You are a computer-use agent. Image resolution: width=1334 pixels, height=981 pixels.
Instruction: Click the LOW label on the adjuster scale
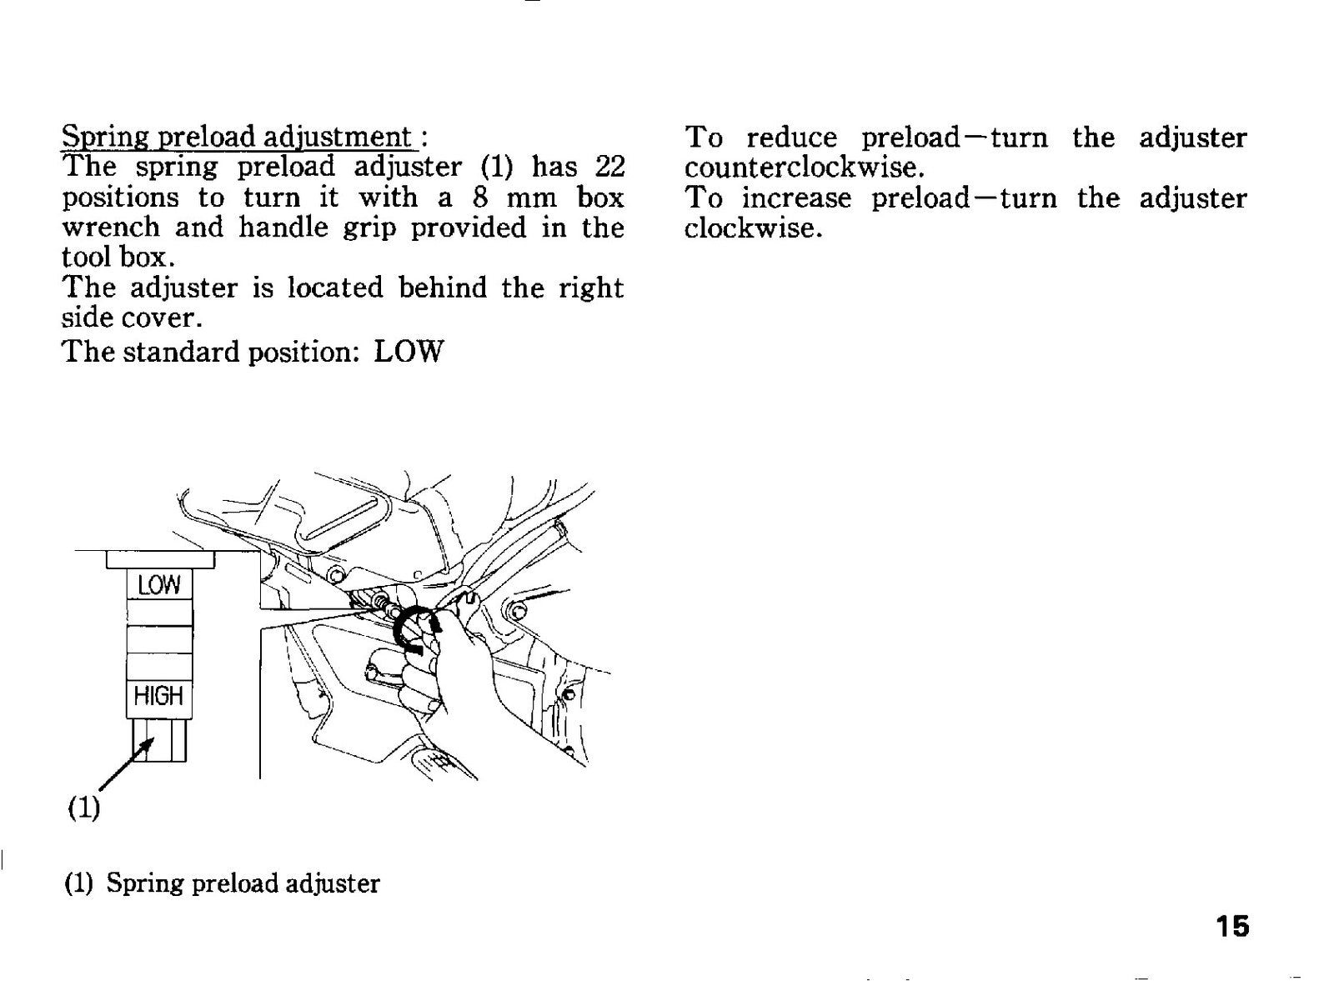(159, 585)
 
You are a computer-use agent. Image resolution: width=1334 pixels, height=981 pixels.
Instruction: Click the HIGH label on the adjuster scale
(158, 695)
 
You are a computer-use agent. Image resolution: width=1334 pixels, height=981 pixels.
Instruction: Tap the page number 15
(1231, 926)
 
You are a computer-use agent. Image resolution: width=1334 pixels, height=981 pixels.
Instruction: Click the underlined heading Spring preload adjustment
(237, 137)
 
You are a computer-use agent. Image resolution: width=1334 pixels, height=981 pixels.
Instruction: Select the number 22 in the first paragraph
(609, 166)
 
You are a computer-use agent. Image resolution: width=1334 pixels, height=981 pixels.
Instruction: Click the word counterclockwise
(804, 168)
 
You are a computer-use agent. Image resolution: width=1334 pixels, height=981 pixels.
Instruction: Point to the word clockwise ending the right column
(753, 228)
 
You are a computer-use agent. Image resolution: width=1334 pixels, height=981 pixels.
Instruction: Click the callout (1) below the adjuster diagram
(83, 808)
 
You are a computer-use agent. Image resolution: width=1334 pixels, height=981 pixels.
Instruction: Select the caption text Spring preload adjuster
(243, 883)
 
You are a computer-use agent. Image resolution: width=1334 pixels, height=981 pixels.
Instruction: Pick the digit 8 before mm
(480, 197)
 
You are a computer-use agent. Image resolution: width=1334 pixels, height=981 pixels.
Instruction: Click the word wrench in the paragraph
(111, 228)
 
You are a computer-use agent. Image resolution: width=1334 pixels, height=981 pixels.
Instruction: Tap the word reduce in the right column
(791, 138)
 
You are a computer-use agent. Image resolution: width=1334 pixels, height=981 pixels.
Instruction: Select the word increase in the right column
(796, 198)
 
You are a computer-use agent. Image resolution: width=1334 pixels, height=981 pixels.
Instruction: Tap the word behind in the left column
(442, 288)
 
